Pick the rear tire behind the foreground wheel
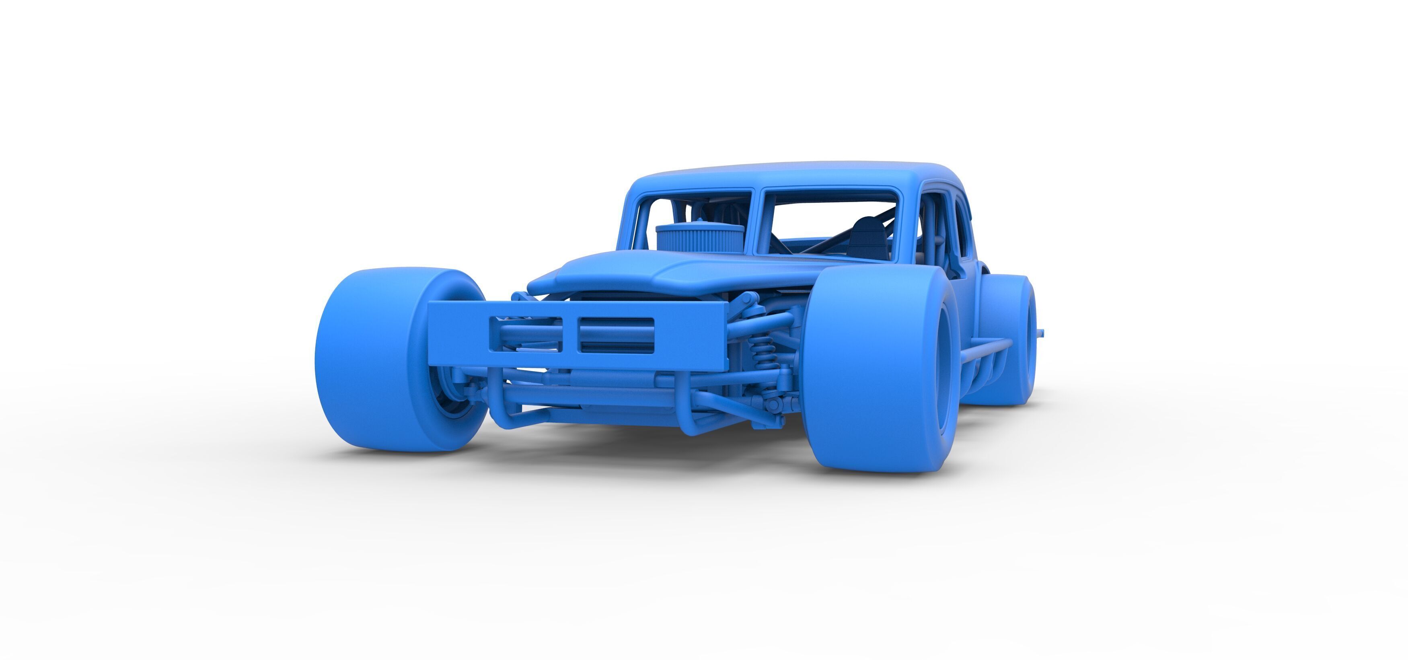(1011, 339)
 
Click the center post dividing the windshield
(756, 224)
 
